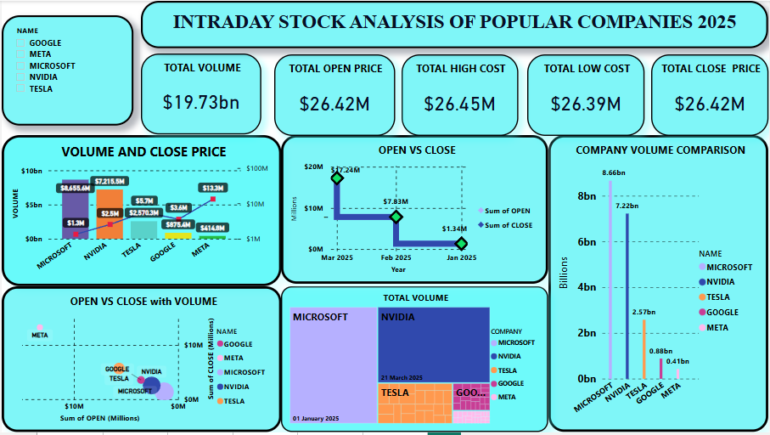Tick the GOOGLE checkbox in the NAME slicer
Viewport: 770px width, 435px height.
coord(22,42)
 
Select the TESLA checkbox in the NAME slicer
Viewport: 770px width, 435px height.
coord(22,88)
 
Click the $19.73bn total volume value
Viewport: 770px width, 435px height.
coord(201,102)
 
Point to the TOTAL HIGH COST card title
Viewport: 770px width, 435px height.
coord(460,68)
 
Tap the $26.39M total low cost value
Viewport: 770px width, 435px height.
coord(586,104)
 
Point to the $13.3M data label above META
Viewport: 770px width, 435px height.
coord(212,188)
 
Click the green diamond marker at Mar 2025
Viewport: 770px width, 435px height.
coord(337,177)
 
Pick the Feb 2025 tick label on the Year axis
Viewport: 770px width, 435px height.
coord(396,257)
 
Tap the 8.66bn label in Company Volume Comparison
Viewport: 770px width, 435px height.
coord(613,172)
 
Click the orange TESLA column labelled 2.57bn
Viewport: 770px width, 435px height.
coord(644,348)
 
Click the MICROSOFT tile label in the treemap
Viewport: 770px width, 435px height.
coord(320,317)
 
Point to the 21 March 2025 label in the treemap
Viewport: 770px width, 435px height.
coord(402,376)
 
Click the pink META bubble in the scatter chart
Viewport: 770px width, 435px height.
coord(39,326)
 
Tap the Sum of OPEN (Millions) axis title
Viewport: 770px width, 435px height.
coord(99,418)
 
